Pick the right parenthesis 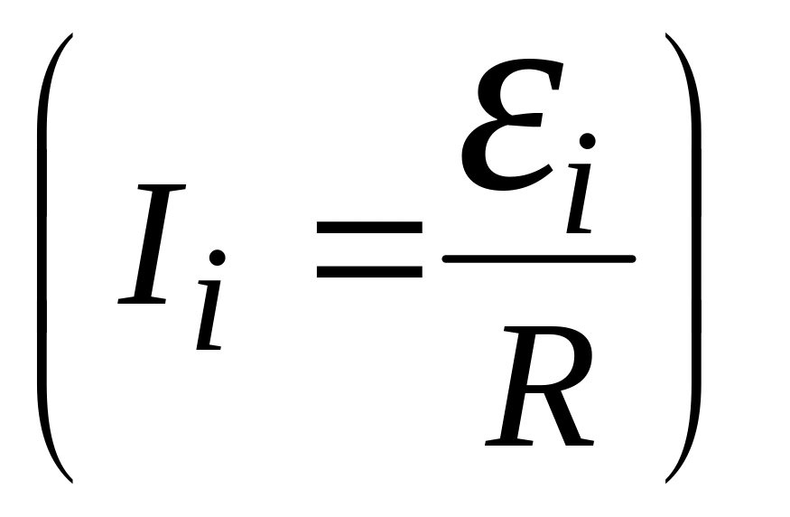point(692,258)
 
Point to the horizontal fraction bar point(539,259)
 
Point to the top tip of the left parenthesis point(70,37)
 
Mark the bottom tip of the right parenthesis point(668,477)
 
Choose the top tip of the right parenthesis point(668,37)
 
